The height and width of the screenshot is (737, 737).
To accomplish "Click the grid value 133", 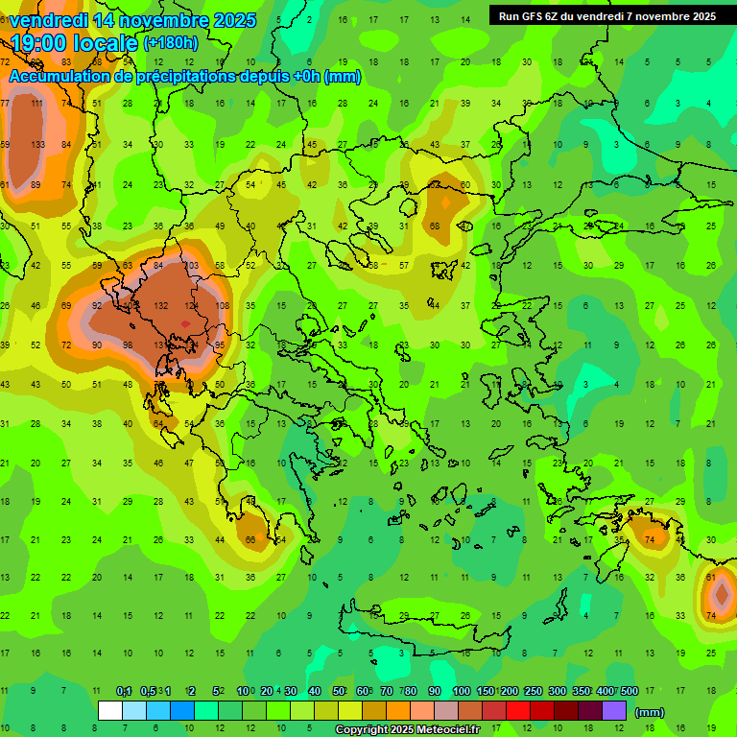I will point(37,145).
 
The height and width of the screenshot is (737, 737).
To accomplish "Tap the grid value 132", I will point(162,305).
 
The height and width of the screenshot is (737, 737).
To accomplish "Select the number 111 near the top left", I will point(37,104).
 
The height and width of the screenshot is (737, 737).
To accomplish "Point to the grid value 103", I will point(191,266).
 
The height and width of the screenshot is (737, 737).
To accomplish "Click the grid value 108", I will point(223,305).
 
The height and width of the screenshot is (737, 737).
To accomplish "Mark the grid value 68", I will point(435,226).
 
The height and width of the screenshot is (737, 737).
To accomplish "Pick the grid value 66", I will point(250,540).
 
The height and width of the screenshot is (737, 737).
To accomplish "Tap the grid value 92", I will point(97,305).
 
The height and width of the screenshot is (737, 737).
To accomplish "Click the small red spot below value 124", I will point(185,324).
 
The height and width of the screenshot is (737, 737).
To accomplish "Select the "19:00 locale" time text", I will point(74,41).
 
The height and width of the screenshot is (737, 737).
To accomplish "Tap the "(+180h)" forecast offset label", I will point(170,42).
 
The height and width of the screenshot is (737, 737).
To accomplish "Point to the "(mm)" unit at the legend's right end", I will point(650,712).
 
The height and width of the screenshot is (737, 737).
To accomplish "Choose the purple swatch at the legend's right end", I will point(614,711).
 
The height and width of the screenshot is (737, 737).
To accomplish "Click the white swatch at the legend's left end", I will point(110,711).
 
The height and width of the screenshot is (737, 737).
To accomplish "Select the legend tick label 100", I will point(462,691).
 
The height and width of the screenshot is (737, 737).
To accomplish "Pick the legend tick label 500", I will point(630,691).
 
